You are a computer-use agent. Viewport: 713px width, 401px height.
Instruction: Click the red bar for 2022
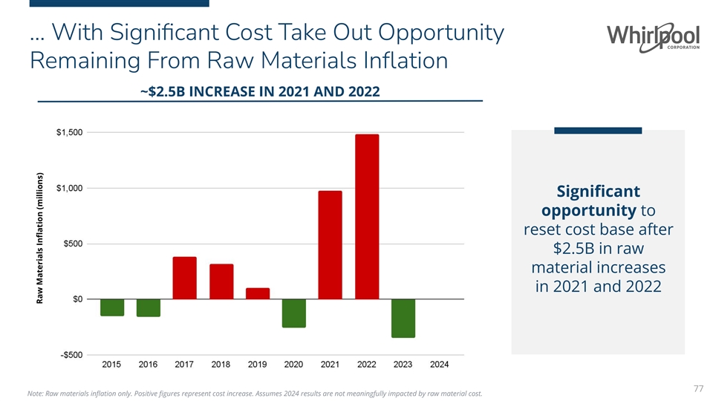[x=367, y=216]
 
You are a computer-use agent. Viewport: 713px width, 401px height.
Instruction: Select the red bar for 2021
[x=330, y=245]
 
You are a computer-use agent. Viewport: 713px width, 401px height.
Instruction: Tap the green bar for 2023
[x=403, y=318]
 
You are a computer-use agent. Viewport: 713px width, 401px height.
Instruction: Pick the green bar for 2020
[x=293, y=313]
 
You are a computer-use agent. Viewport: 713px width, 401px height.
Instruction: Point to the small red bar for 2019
[x=257, y=293]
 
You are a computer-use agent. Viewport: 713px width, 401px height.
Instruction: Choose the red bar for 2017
[x=184, y=278]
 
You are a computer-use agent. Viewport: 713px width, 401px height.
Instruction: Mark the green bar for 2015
[x=112, y=307]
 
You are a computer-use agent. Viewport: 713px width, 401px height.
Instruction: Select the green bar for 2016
[x=149, y=307]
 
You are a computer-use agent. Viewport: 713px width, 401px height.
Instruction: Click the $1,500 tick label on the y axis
[x=69, y=132]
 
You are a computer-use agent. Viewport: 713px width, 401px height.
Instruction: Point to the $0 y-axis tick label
[x=76, y=299]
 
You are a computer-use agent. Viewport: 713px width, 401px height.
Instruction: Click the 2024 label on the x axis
[x=440, y=365]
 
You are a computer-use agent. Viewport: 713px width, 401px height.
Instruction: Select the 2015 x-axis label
[x=112, y=365]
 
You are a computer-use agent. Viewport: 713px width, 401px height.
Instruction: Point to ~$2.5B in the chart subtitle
[x=161, y=91]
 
